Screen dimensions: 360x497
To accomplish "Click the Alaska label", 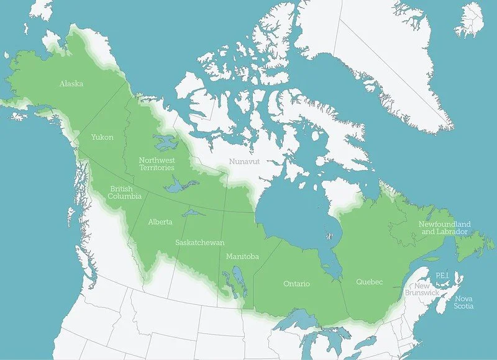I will [x=71, y=83].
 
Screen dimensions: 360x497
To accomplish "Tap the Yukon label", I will [x=102, y=137].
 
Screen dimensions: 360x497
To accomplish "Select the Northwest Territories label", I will [x=157, y=164].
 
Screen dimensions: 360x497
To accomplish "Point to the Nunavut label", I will [x=244, y=161].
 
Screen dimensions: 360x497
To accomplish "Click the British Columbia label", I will [x=121, y=192].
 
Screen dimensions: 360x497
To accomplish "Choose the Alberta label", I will [x=160, y=222].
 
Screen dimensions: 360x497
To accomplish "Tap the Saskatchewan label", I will [x=199, y=243].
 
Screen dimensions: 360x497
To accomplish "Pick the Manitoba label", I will [x=242, y=256].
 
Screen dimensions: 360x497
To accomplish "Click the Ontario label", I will [x=296, y=284].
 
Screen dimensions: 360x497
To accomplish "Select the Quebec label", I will [x=369, y=282].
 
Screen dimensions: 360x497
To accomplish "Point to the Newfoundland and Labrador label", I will [x=444, y=228].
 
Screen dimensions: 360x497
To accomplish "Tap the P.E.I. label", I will [x=442, y=274].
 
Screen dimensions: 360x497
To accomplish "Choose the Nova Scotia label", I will [x=463, y=302].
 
